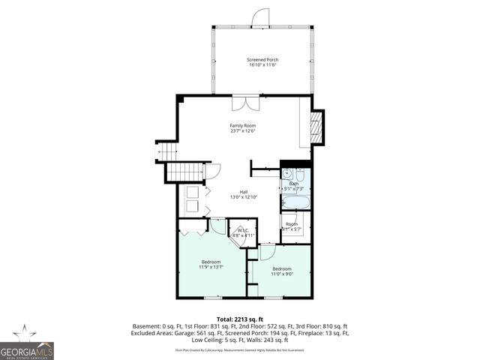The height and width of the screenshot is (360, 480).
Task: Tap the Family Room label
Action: tap(244, 125)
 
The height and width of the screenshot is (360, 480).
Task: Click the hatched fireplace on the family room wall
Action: tap(316, 127)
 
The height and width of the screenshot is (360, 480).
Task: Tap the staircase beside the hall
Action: tap(183, 173)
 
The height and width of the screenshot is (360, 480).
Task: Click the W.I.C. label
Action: tap(243, 230)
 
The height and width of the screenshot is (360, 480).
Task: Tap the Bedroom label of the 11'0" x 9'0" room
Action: tap(282, 268)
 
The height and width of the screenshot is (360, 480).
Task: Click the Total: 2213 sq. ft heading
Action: tap(240, 319)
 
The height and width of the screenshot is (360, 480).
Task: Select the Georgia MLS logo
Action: tap(27, 344)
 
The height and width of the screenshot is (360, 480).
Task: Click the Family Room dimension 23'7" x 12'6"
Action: tap(244, 131)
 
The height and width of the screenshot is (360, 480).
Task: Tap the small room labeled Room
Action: tap(292, 224)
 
